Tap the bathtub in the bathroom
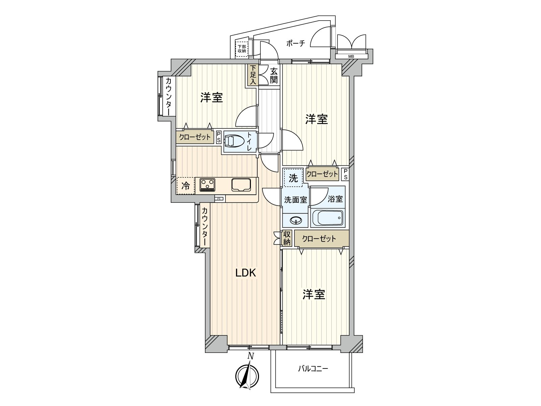pyautogui.click(x=327, y=218)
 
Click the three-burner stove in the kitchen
pyautogui.click(x=207, y=185)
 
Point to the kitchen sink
pyautogui.click(x=241, y=185)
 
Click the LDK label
pyautogui.click(x=246, y=273)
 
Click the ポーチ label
pyautogui.click(x=296, y=44)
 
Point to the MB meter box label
pyautogui.click(x=351, y=57)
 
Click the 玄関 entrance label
pyautogui.click(x=274, y=76)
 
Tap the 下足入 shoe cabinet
pyautogui.click(x=253, y=75)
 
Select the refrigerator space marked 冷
pyautogui.click(x=186, y=186)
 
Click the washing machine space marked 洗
pyautogui.click(x=293, y=178)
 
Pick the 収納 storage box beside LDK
pyautogui.click(x=287, y=238)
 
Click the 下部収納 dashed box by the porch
pyautogui.click(x=242, y=49)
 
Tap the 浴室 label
pyautogui.click(x=335, y=199)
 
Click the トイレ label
pyautogui.click(x=249, y=141)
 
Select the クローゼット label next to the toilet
pyautogui.click(x=195, y=137)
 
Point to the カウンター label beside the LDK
pyautogui.click(x=205, y=226)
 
